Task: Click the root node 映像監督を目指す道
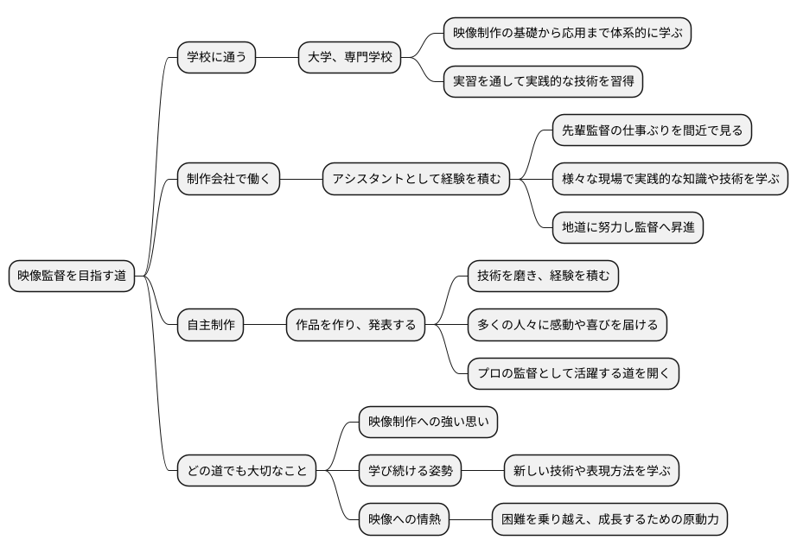[72, 276]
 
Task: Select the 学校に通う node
[216, 58]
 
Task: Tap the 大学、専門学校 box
[349, 58]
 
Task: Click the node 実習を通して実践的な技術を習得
[543, 82]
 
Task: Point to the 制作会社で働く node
[228, 180]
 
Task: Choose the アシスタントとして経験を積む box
[416, 180]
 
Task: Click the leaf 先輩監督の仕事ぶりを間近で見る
[652, 131]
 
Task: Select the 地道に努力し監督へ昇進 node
[628, 228]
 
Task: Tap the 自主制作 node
[211, 326]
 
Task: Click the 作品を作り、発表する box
[355, 326]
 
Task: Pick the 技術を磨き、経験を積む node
[543, 276]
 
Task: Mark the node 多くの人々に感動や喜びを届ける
[567, 326]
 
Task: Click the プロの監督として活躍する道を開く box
[573, 374]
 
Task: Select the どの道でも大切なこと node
[246, 472]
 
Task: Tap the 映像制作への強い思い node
[429, 423]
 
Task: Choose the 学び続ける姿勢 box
[410, 472]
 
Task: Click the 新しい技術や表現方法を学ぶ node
[591, 472]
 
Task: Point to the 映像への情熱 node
[405, 520]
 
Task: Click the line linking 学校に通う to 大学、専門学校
[277, 58]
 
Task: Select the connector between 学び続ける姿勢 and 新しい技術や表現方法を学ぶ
[482, 472]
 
